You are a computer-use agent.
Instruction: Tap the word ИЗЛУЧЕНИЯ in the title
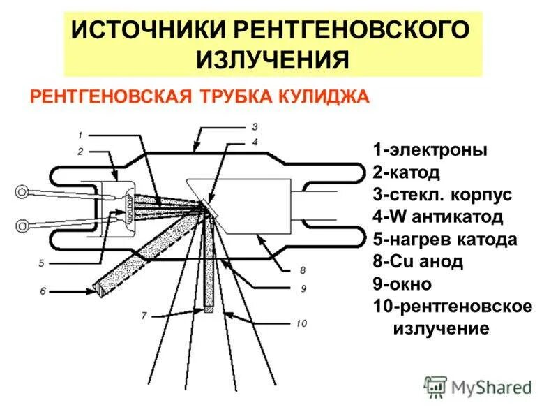(x=272, y=60)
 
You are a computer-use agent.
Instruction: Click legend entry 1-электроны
(x=430, y=150)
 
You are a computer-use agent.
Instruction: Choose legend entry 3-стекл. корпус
(x=442, y=195)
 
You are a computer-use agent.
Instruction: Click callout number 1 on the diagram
(x=81, y=135)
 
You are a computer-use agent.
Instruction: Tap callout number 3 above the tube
(x=255, y=126)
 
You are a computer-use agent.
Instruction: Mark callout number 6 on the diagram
(x=43, y=291)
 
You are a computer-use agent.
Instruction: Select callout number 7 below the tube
(x=144, y=316)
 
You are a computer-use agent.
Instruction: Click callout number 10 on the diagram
(x=302, y=323)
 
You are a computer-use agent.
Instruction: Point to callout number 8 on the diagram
(x=303, y=270)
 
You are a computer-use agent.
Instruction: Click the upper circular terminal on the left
(x=24, y=191)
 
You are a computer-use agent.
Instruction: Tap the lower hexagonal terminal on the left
(x=24, y=225)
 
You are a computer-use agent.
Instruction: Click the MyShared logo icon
(x=436, y=386)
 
